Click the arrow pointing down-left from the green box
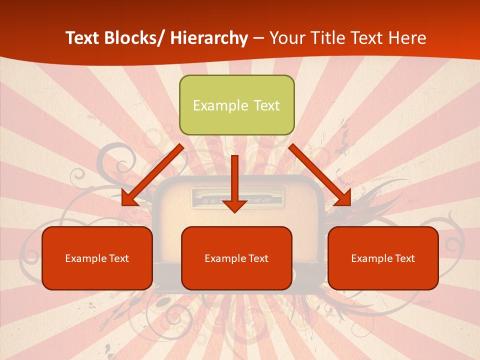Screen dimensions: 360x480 click(152, 175)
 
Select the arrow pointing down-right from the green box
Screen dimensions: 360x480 click(320, 175)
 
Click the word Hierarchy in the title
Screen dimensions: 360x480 click(208, 38)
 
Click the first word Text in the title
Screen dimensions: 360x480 click(82, 38)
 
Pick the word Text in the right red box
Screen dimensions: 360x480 click(404, 258)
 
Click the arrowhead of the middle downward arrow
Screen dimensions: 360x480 click(234, 205)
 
